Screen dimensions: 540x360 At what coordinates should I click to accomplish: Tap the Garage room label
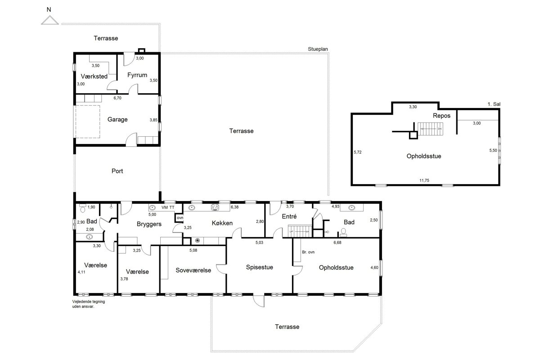[117, 119]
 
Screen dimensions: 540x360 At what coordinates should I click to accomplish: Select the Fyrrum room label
[137, 75]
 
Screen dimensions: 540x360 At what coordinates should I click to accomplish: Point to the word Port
[117, 171]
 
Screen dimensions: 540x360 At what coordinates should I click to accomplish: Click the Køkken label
[222, 223]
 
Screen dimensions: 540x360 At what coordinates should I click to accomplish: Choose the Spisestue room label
[259, 267]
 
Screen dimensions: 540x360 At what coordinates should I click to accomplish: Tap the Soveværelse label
[193, 270]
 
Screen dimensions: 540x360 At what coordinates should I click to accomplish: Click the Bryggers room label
[149, 224]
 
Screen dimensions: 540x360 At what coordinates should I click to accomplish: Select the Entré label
[289, 216]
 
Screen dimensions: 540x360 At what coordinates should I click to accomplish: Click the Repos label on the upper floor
[441, 116]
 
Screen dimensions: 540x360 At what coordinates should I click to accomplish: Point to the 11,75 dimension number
[424, 180]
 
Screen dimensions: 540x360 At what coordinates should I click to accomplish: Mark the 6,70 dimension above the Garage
[117, 98]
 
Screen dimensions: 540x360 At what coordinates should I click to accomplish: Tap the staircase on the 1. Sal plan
[430, 129]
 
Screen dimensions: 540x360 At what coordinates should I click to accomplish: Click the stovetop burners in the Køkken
[215, 207]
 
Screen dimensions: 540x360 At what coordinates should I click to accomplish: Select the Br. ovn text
[308, 252]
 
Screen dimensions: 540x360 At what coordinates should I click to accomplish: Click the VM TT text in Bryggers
[168, 207]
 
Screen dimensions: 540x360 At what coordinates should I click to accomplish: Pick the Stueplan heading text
[318, 49]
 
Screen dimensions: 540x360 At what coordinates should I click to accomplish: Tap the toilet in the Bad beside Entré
[343, 233]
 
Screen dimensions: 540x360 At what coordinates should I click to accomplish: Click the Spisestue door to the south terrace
[259, 301]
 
